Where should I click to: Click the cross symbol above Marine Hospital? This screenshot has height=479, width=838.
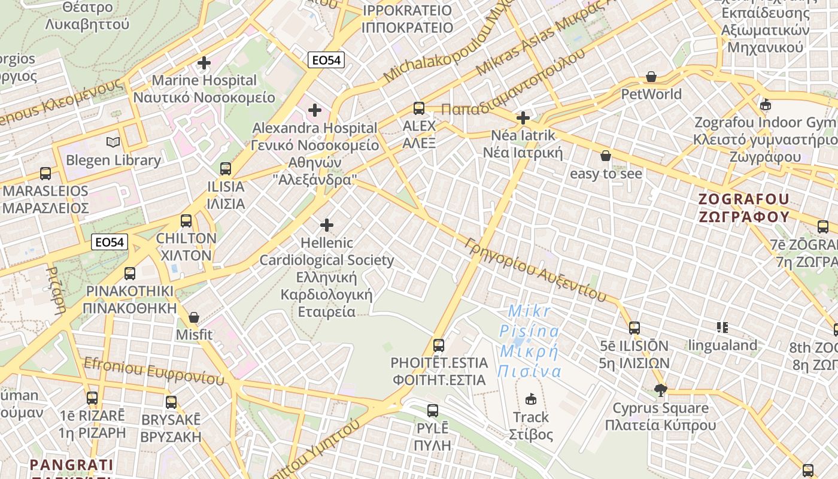point(204,62)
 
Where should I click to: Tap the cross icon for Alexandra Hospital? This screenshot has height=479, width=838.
point(314,110)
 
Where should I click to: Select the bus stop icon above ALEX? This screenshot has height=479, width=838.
point(419,108)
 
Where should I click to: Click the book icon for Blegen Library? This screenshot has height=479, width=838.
point(113,143)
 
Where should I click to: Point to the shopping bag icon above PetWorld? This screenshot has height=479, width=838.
point(651,77)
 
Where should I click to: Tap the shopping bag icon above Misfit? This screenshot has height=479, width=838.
point(193,317)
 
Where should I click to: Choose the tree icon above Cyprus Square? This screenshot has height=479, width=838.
point(660,390)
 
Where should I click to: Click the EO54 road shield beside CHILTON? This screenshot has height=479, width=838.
point(111,242)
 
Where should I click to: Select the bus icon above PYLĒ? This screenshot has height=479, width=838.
point(433,411)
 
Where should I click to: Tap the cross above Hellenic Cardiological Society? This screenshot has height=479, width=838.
point(326,225)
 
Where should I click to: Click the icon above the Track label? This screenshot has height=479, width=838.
point(530,399)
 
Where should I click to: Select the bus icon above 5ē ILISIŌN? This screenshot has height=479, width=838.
point(634,328)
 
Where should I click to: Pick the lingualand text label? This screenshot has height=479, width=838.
point(722,345)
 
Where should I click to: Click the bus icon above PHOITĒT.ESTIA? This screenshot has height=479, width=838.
point(439,345)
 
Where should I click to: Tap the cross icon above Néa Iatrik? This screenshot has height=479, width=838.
point(523,117)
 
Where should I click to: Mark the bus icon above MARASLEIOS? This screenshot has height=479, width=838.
point(45,174)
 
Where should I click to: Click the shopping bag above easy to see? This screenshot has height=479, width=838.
point(606,156)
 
